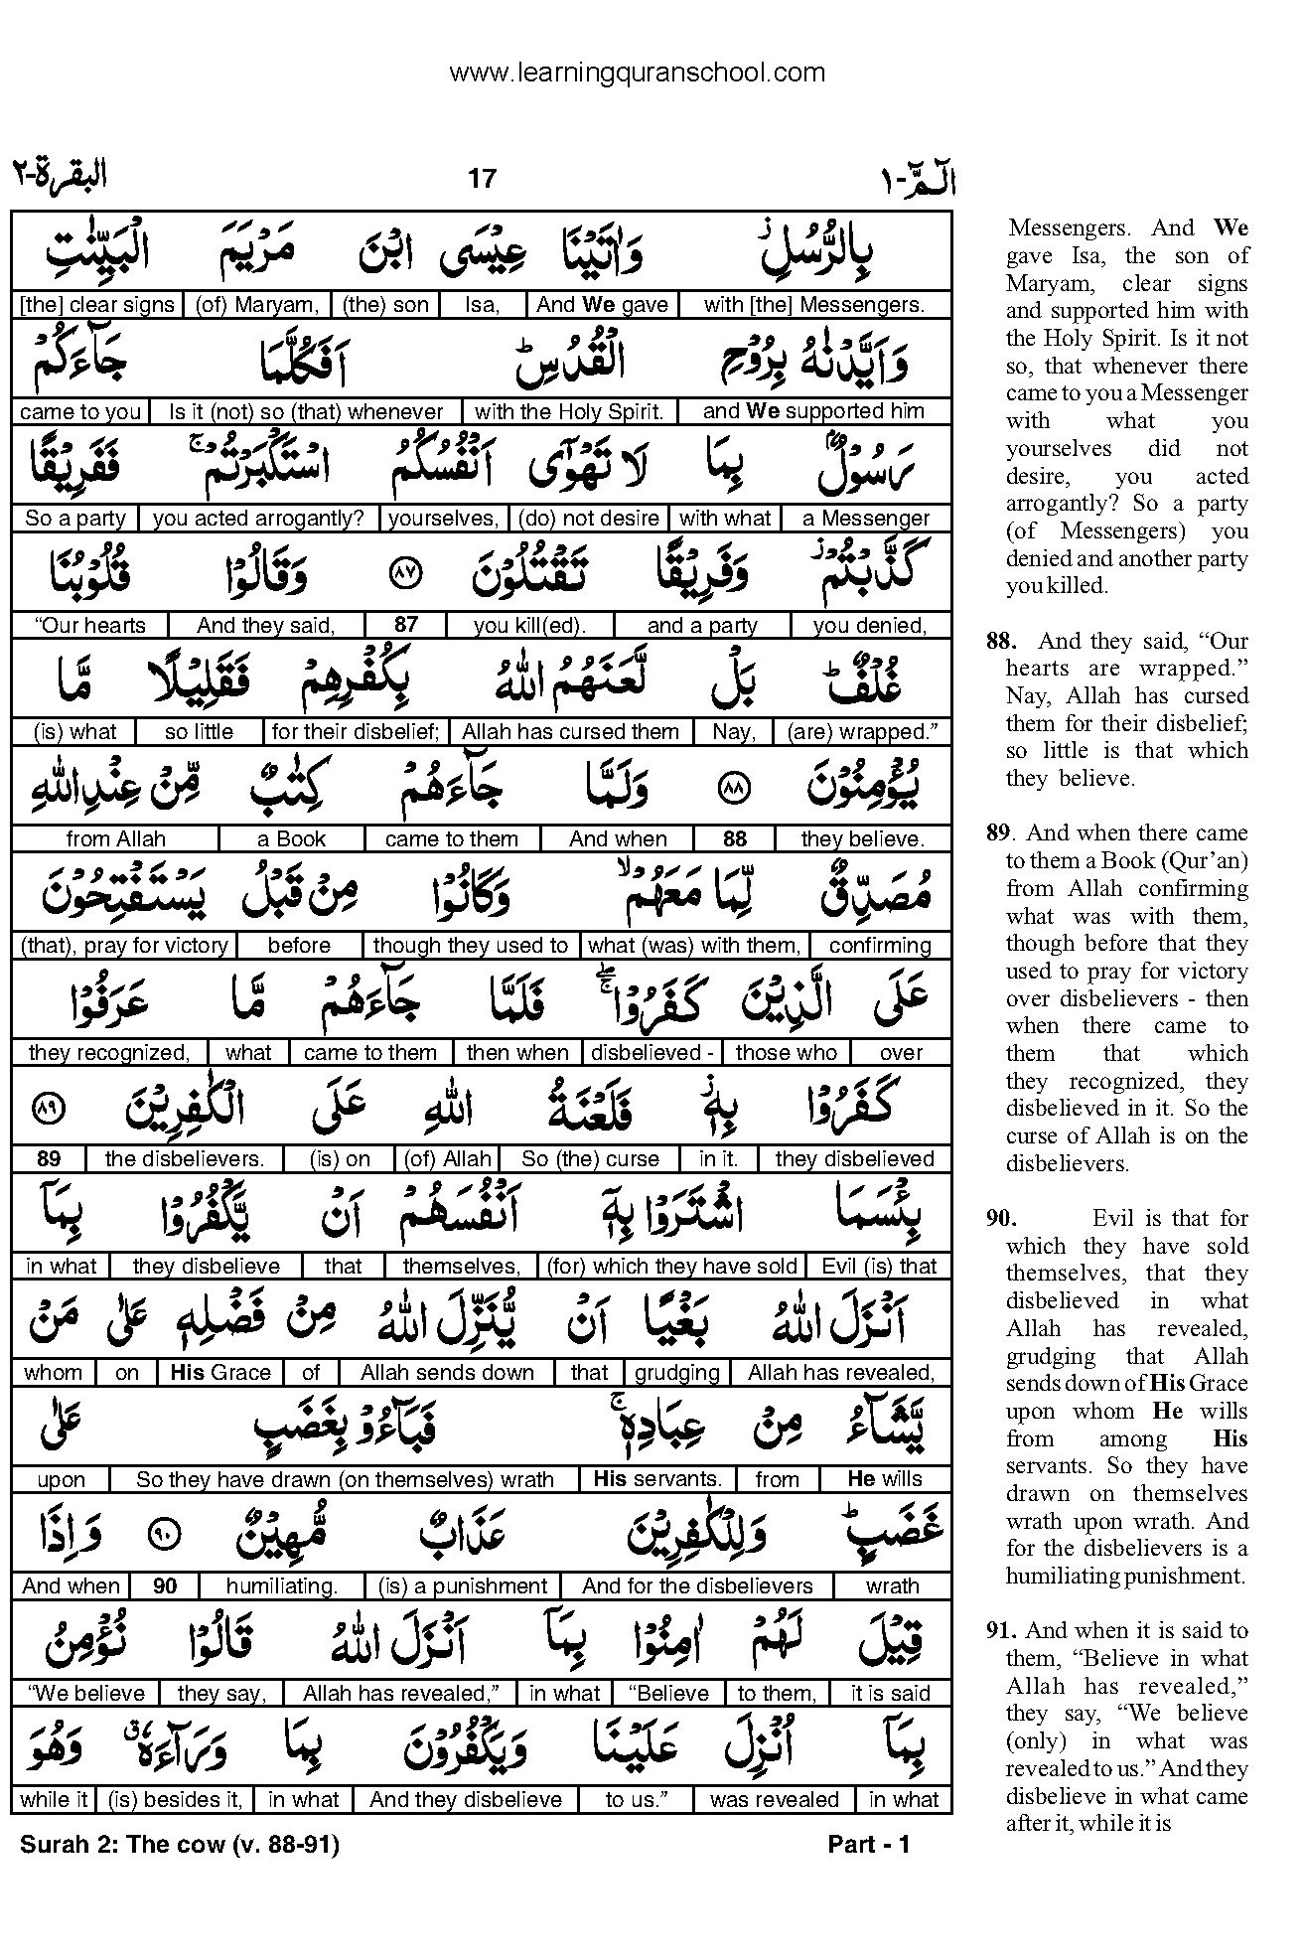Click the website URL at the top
(637, 73)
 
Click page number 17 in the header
(481, 179)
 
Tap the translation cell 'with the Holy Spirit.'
(569, 411)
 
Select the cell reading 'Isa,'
(482, 305)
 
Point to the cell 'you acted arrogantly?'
(259, 518)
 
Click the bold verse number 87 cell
(405, 625)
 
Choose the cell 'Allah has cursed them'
(570, 732)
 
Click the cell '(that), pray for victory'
(124, 946)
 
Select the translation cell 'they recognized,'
(109, 1052)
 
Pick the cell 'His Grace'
(220, 1373)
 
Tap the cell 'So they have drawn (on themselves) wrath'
(345, 1479)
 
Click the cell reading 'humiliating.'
(282, 1586)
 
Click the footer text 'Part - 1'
(869, 1845)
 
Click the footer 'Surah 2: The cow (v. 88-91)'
(180, 1845)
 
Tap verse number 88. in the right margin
(1000, 641)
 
